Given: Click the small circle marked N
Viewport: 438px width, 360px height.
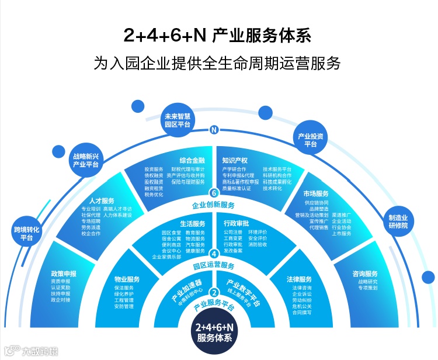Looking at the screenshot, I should (214, 130).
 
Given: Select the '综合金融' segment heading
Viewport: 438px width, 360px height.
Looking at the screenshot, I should (192, 160).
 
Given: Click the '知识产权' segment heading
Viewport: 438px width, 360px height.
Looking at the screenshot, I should (235, 160).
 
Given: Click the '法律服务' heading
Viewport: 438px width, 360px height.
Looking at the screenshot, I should (299, 279).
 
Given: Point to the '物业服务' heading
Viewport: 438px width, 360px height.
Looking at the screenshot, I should (127, 279).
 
